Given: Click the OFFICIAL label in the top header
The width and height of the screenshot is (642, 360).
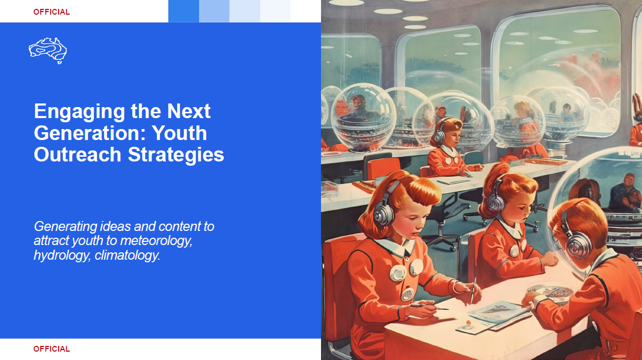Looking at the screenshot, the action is click(52, 12).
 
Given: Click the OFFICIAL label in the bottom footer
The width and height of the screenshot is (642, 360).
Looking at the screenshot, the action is click(52, 349).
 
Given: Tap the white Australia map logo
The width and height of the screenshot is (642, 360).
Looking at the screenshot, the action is click(48, 51).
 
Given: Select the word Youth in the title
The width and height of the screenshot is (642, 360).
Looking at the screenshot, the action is click(179, 133).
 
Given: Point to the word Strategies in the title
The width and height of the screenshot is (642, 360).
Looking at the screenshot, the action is click(176, 155).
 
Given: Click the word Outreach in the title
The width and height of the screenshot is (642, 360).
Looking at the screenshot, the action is click(77, 154).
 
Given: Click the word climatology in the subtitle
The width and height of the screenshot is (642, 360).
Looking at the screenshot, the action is click(127, 256).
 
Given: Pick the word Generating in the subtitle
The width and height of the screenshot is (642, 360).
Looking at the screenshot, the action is click(66, 227).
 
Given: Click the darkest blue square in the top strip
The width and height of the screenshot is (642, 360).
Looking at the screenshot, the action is click(184, 11).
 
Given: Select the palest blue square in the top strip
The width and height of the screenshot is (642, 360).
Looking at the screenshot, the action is click(275, 11).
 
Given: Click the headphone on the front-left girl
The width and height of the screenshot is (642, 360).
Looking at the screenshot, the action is click(385, 207).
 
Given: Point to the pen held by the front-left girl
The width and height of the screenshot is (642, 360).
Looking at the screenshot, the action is click(473, 291).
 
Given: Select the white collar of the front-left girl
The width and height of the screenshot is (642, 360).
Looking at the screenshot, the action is click(397, 247).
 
